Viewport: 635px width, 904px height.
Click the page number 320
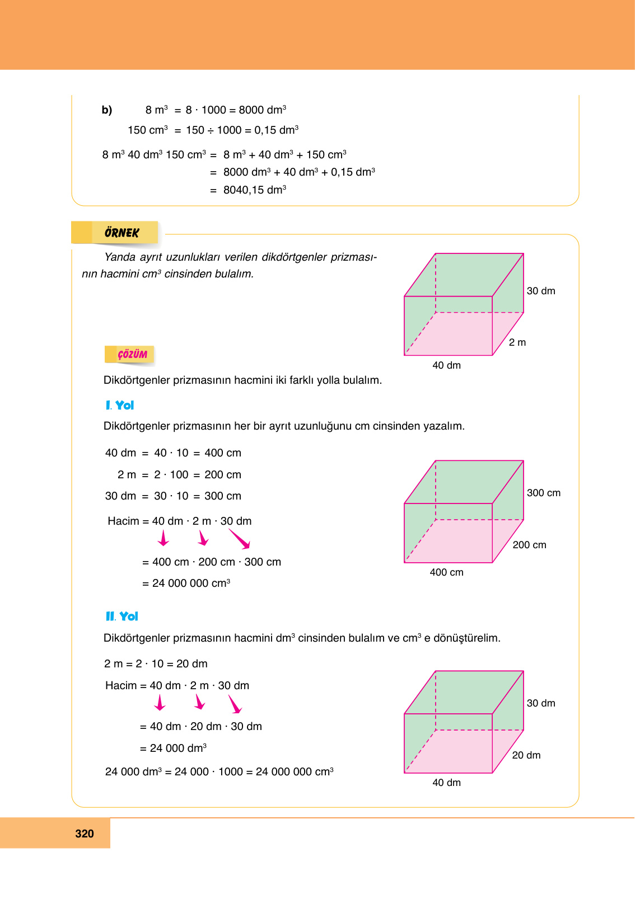pyautogui.click(x=85, y=834)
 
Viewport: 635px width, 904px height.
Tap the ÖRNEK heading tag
pyautogui.click(x=122, y=233)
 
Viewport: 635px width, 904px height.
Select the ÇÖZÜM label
pyautogui.click(x=132, y=355)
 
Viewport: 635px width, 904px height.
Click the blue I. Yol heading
pyautogui.click(x=120, y=406)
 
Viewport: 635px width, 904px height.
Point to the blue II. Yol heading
pyautogui.click(x=122, y=616)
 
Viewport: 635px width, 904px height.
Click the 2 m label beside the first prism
pyautogui.click(x=517, y=342)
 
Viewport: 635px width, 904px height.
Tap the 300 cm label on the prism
pyautogui.click(x=543, y=493)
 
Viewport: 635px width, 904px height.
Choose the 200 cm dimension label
pyautogui.click(x=529, y=545)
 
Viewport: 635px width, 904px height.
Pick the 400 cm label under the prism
pyautogui.click(x=446, y=572)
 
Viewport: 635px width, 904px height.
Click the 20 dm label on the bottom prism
pyautogui.click(x=526, y=755)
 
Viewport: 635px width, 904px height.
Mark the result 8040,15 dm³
pyautogui.click(x=255, y=190)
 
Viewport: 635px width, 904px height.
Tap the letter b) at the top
pyautogui.click(x=107, y=110)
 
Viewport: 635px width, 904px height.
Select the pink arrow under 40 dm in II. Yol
pyautogui.click(x=160, y=703)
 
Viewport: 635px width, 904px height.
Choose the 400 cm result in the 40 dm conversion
pyautogui.click(x=223, y=453)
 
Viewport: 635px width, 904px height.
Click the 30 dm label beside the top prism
pyautogui.click(x=541, y=291)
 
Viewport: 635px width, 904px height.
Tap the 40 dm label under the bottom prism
pyautogui.click(x=446, y=783)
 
